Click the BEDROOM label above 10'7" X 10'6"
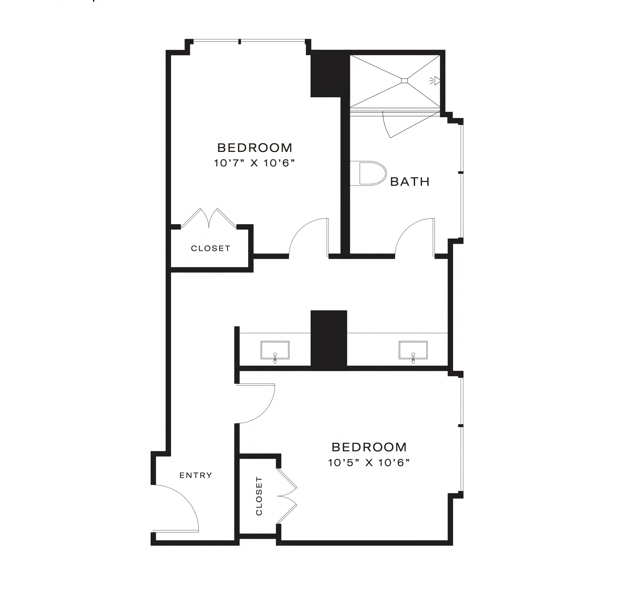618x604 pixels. pos(254,148)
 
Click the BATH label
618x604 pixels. pos(410,182)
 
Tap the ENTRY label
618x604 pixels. pos(196,475)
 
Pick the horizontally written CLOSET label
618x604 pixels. pos(210,248)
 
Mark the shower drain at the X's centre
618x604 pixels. pos(404,80)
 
